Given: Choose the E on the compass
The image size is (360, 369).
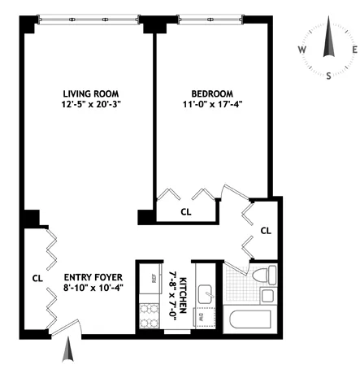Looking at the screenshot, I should tap(354, 50).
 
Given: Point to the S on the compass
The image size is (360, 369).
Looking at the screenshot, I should tap(328, 76).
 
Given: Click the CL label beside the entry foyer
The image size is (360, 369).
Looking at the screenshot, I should tap(37, 278).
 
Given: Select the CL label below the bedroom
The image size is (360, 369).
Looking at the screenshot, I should tap(186, 212).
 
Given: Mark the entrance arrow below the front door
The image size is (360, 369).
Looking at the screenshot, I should tap(70, 352).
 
